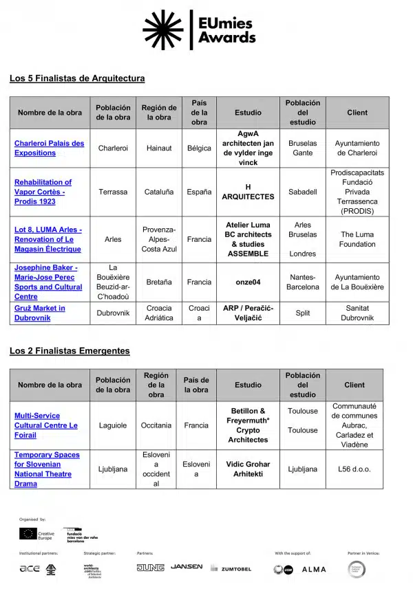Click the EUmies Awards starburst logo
coord(163,30)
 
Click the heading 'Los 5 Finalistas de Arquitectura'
coord(77,78)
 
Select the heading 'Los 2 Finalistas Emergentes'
coord(70,351)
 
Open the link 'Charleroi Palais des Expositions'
coord(49,148)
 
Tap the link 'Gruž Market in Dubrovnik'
coord(40,313)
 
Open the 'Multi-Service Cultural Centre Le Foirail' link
coord(46,425)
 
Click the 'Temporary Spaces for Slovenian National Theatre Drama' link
coord(47,469)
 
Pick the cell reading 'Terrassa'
coord(113,192)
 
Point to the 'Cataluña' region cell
coord(159,192)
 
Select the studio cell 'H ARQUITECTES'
coord(248,192)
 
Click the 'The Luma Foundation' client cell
coord(357,239)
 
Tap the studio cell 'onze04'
coord(248,282)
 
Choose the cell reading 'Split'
coord(303,313)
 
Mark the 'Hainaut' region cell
coord(159,148)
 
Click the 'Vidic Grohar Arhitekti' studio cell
coord(248,469)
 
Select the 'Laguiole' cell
coord(113,425)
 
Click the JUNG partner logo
coord(150,568)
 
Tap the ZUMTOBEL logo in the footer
coord(231,568)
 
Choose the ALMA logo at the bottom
coord(314,569)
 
